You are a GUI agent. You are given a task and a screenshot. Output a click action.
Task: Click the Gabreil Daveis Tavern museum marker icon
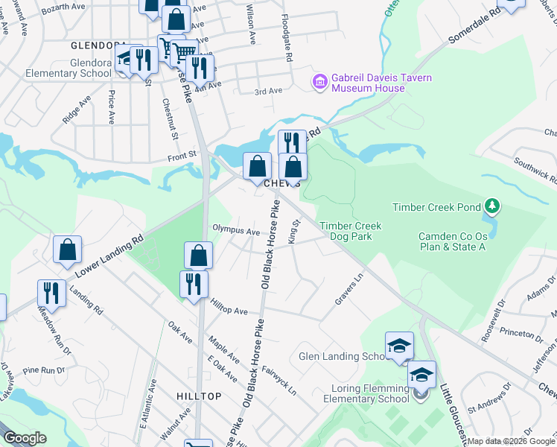(321, 80)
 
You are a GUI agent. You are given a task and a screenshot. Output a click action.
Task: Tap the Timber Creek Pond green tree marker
(491, 204)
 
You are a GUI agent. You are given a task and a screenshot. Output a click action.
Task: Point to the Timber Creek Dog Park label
(350, 231)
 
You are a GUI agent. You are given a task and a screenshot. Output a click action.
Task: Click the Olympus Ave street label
(236, 230)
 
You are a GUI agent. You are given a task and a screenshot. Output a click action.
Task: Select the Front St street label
(181, 155)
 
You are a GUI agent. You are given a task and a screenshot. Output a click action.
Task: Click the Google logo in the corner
(25, 438)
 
